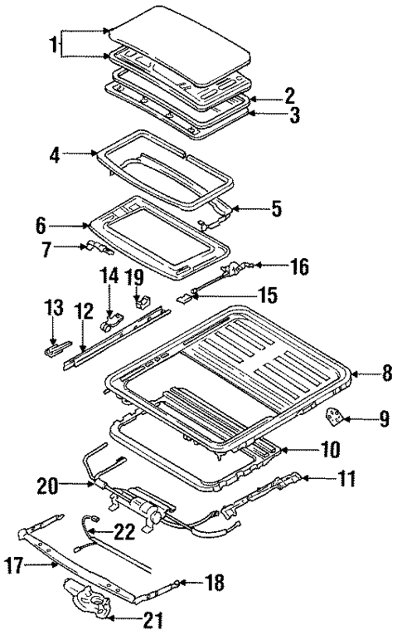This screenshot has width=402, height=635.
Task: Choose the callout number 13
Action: coord(53,309)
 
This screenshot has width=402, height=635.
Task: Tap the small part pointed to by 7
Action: coord(95,247)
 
